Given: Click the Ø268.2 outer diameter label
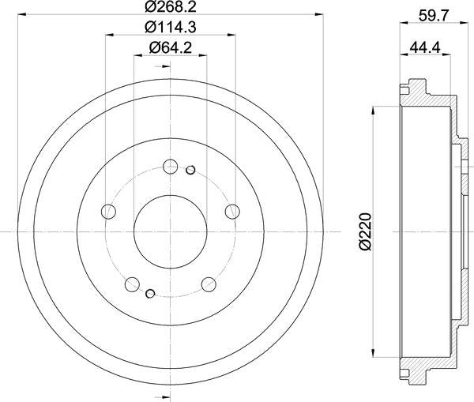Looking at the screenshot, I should click(170, 8).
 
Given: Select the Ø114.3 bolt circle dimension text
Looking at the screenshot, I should click(170, 28).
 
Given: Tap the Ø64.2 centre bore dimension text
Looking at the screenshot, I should click(170, 48).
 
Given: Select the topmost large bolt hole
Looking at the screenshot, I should click(170, 167).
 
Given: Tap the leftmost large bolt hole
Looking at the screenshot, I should click(109, 211).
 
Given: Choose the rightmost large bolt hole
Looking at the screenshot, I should click(231, 211).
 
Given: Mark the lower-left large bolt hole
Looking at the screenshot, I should click(132, 283).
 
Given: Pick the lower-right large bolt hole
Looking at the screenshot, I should click(208, 283).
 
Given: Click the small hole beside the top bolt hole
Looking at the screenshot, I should click(190, 169).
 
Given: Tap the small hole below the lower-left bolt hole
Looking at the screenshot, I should click(150, 294).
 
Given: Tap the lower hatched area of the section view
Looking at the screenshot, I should click(431, 365).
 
